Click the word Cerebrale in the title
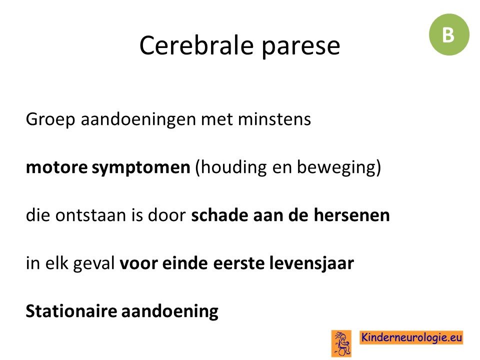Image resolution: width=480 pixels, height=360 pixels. point(196,45)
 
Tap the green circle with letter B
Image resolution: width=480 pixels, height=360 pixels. point(449,34)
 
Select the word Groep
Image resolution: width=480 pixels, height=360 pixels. point(50,119)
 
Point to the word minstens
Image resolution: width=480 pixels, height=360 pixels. point(274,119)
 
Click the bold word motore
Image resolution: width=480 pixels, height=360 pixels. point(56,167)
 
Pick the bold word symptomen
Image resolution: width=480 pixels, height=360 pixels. point(141,168)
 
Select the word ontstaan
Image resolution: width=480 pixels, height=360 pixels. point(90,215)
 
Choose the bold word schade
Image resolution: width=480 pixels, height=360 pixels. point(220,215)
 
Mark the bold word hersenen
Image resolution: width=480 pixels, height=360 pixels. point(351,215)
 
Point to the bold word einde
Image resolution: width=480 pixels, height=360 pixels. point(185,263)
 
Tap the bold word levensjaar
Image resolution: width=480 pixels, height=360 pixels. point(311,264)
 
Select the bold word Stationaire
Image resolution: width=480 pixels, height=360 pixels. point(71,311)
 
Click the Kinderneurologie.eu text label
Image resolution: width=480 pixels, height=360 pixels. point(411,337)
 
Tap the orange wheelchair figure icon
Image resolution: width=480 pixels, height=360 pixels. point(341,343)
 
